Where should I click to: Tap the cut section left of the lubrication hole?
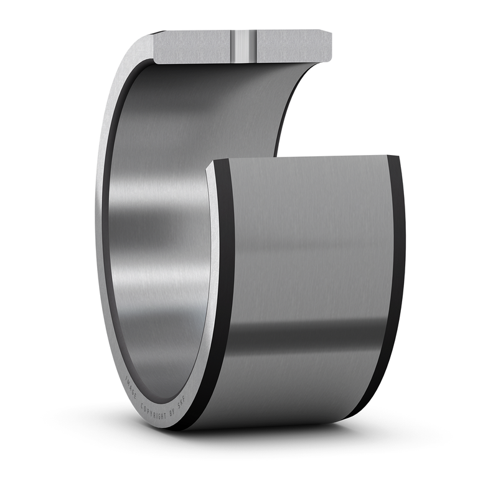pyautogui.click(x=193, y=46)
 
